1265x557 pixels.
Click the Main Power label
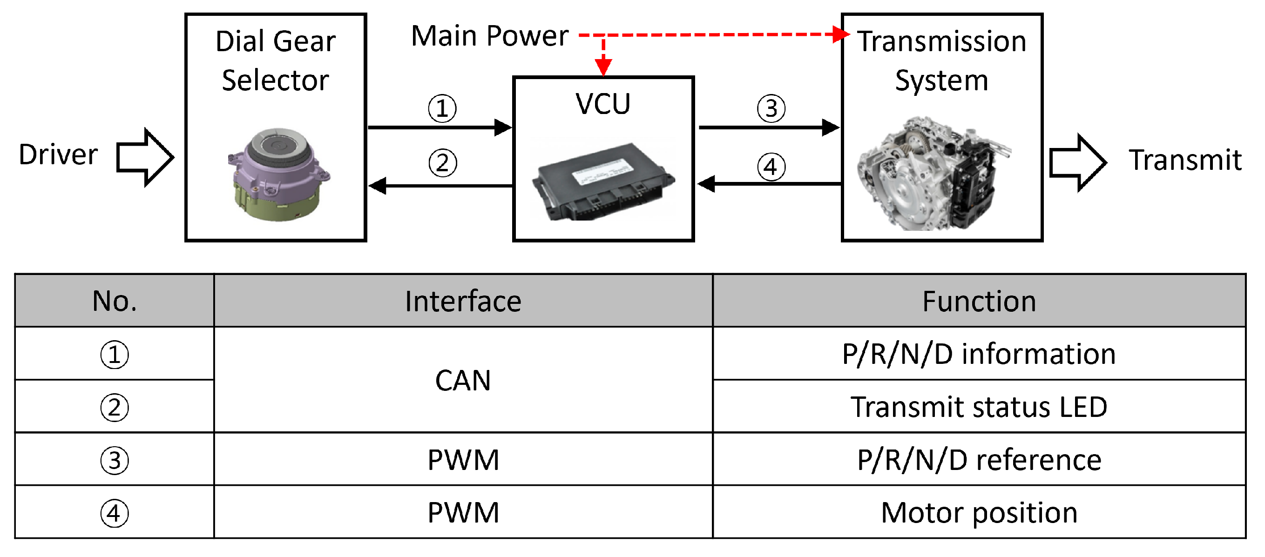490,36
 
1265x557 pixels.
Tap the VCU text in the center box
602,104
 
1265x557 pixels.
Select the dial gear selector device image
277,174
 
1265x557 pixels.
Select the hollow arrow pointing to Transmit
1077,162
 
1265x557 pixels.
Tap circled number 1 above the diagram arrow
442,108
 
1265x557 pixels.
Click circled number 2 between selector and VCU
442,163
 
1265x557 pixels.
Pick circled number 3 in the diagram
771,108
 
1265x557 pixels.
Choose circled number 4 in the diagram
771,167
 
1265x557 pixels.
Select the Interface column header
463,302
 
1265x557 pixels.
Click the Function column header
979,302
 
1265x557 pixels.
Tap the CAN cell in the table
463,380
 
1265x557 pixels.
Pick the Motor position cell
979,513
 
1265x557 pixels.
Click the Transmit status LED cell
979,407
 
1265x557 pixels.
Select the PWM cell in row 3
463,460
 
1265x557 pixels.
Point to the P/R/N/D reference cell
979,460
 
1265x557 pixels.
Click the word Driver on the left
58,154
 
